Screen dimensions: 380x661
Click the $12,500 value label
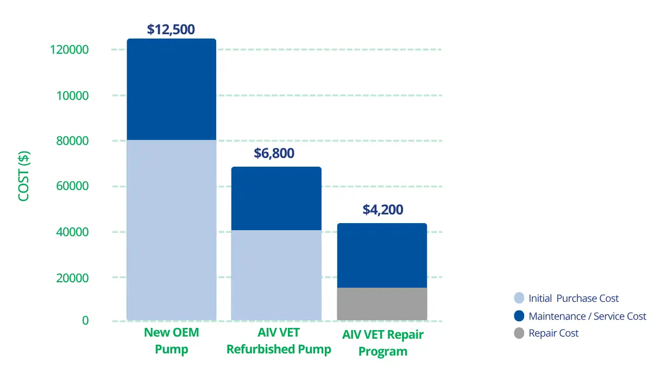pyautogui.click(x=171, y=29)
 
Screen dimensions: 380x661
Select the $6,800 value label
pyautogui.click(x=274, y=154)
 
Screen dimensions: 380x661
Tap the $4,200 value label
pyautogui.click(x=382, y=210)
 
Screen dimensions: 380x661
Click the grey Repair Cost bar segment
pyautogui.click(x=382, y=303)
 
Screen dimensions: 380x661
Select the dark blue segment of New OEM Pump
pyautogui.click(x=171, y=90)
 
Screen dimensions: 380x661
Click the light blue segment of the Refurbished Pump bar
pyautogui.click(x=276, y=275)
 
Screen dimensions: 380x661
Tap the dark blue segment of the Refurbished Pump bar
pyautogui.click(x=276, y=198)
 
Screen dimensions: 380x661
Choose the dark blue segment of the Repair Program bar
pyautogui.click(x=382, y=255)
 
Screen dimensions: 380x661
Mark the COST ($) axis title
pyautogui.click(x=24, y=176)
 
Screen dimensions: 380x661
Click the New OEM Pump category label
pyautogui.click(x=171, y=341)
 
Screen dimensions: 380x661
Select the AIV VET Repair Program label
pyautogui.click(x=382, y=343)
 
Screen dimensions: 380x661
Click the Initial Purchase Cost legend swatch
pyautogui.click(x=519, y=298)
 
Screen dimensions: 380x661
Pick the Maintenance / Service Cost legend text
pyautogui.click(x=587, y=316)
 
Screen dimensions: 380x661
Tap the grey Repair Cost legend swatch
pyautogui.click(x=519, y=333)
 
